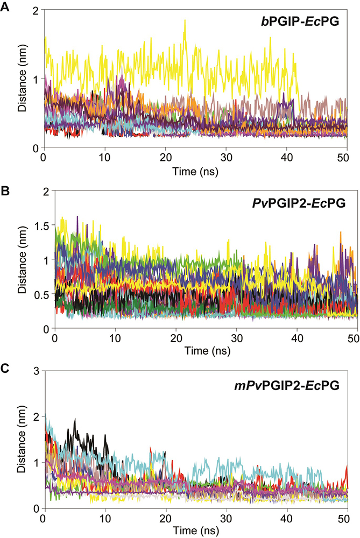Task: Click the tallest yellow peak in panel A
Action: pos(185,20)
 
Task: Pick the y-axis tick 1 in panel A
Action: pos(35,79)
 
